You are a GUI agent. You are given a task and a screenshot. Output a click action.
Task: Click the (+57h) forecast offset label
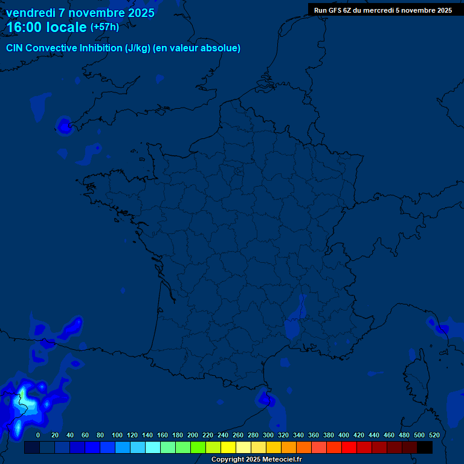(105, 27)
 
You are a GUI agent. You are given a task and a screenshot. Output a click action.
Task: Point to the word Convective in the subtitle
(51, 48)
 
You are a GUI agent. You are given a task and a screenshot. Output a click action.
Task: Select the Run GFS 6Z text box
(382, 10)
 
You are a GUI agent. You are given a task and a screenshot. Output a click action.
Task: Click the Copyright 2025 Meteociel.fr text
(256, 460)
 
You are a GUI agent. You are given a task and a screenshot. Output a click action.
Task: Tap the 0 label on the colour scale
(38, 435)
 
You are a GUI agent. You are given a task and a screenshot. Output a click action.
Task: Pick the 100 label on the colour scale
(117, 435)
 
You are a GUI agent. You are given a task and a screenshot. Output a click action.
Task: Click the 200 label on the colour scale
(193, 435)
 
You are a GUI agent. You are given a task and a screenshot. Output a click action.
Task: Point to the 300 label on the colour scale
(268, 435)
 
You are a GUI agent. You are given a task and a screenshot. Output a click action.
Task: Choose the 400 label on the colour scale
(344, 435)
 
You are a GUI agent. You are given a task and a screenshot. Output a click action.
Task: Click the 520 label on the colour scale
(434, 435)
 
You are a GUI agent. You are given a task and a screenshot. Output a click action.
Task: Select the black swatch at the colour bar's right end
(425, 448)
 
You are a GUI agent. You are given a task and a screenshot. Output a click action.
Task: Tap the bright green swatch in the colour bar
(198, 448)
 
